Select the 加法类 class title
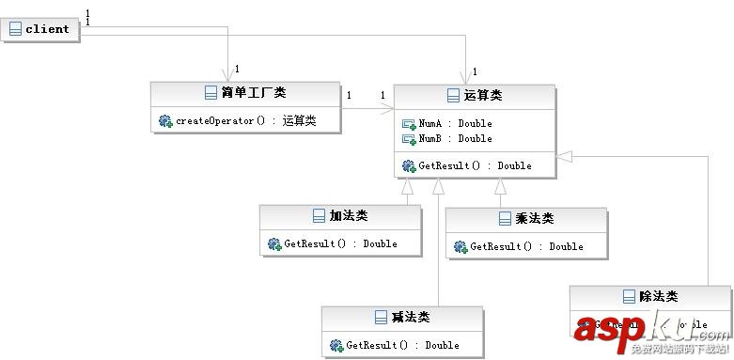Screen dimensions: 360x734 coord(348,216)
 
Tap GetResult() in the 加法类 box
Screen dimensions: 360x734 coord(340,243)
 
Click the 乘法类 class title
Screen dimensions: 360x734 coord(534,219)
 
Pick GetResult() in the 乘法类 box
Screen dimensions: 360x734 coord(526,246)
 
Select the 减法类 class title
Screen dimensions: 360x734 coord(410,318)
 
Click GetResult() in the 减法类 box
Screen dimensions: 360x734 coord(402,345)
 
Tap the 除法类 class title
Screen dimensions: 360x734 coord(657,297)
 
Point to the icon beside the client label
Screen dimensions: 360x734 coord(15,29)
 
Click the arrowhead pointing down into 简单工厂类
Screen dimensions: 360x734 coord(227,75)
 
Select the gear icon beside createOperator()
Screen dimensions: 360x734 coord(165,120)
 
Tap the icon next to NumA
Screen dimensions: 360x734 coord(409,123)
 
